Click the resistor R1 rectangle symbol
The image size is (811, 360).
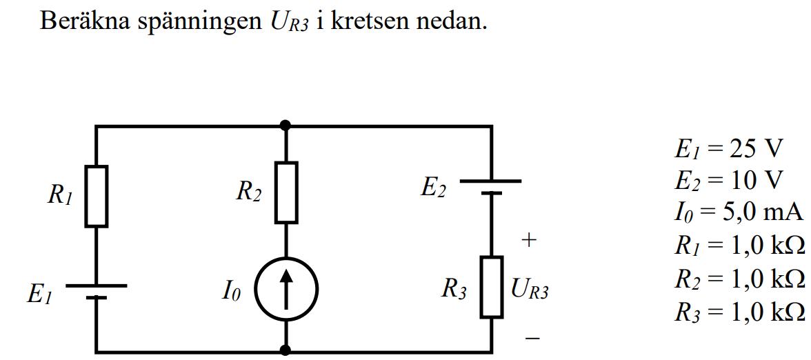pos(97,197)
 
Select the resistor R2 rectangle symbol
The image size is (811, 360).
pos(286,192)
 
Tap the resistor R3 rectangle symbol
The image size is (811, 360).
pos(492,287)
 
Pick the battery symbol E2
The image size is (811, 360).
pos(491,187)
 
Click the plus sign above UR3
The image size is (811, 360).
pos(529,241)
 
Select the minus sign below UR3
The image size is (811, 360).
pos(532,339)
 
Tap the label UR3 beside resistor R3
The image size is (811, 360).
pos(530,290)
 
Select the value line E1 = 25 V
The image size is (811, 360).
pos(728,148)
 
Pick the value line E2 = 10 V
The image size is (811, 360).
pos(728,181)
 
